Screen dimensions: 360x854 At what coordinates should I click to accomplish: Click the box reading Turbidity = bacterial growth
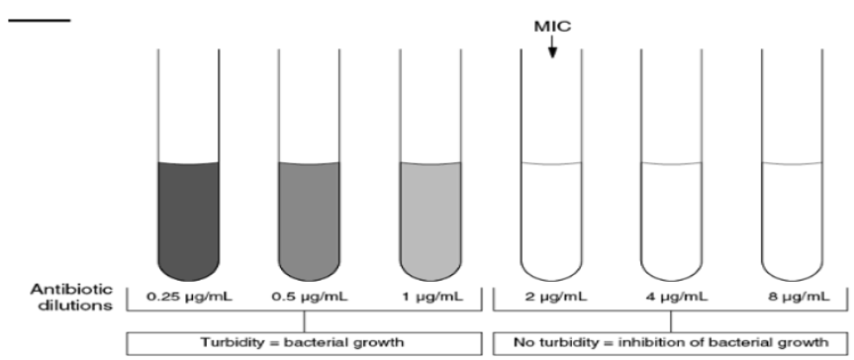pos(308,342)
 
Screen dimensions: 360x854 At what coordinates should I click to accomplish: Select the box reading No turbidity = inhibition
pos(670,342)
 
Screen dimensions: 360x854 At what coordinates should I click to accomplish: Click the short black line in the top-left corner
pos(40,20)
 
